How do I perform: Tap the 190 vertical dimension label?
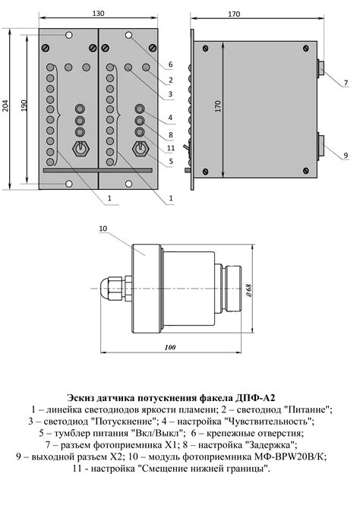click(x=25, y=107)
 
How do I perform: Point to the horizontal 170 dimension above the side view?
click(x=255, y=14)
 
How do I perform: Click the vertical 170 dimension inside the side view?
click(x=217, y=106)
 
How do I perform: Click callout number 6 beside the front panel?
click(x=170, y=65)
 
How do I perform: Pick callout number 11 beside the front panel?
click(x=170, y=147)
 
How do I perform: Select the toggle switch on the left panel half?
click(x=79, y=147)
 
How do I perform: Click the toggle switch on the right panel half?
click(x=140, y=147)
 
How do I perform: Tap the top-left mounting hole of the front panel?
click(x=69, y=36)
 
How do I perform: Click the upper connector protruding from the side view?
click(x=321, y=69)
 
